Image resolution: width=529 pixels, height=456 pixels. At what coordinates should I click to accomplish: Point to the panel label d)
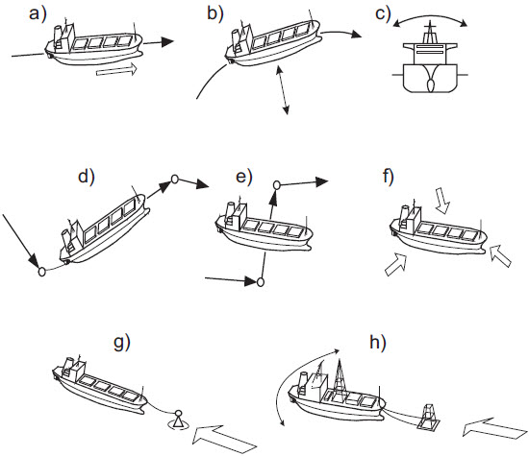pyautogui.click(x=86, y=175)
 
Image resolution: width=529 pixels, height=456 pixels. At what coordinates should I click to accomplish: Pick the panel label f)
pyautogui.click(x=390, y=176)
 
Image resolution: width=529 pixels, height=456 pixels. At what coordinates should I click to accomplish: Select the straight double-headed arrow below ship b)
pyautogui.click(x=281, y=93)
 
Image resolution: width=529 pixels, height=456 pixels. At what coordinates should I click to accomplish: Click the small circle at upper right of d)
pyautogui.click(x=174, y=179)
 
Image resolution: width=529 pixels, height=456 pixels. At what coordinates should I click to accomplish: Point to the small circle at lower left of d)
pyautogui.click(x=41, y=272)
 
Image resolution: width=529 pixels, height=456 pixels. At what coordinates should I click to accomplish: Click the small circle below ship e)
pyautogui.click(x=260, y=282)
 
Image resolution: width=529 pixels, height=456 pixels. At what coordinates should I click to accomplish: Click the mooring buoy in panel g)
pyautogui.click(x=178, y=419)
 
